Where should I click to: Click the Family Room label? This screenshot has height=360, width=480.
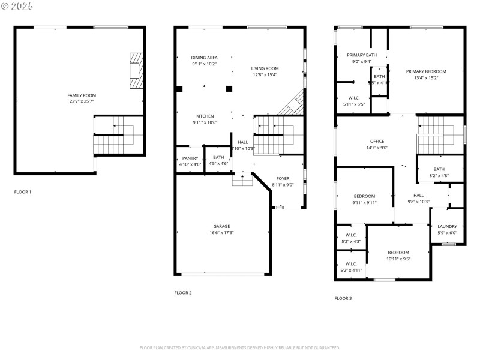(82, 95)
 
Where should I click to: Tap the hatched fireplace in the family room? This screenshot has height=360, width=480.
(137, 71)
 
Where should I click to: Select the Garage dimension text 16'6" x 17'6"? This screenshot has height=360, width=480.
(222, 233)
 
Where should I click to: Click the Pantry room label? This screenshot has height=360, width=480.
(190, 158)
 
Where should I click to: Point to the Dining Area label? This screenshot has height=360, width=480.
(205, 58)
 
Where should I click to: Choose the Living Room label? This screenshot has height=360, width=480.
(265, 68)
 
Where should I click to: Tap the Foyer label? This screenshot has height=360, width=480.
(283, 179)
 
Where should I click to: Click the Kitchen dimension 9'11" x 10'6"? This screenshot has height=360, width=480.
(205, 122)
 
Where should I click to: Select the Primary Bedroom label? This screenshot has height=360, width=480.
(426, 71)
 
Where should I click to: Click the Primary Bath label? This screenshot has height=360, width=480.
(361, 55)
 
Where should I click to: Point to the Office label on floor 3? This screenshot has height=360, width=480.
(377, 141)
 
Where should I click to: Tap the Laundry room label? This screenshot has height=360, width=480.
(447, 226)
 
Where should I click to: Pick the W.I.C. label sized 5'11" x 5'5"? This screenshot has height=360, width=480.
(354, 98)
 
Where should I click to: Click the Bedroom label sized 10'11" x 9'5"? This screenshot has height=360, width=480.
(398, 252)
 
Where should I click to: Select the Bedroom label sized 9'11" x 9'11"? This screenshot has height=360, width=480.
(364, 196)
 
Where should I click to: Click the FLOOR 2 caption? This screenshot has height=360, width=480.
(183, 293)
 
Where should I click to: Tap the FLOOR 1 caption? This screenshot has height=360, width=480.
(23, 192)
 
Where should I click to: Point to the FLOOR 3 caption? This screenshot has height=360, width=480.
(343, 298)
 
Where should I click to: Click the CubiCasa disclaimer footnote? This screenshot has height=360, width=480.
(240, 347)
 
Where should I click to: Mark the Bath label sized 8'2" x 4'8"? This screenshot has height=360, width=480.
(439, 169)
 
